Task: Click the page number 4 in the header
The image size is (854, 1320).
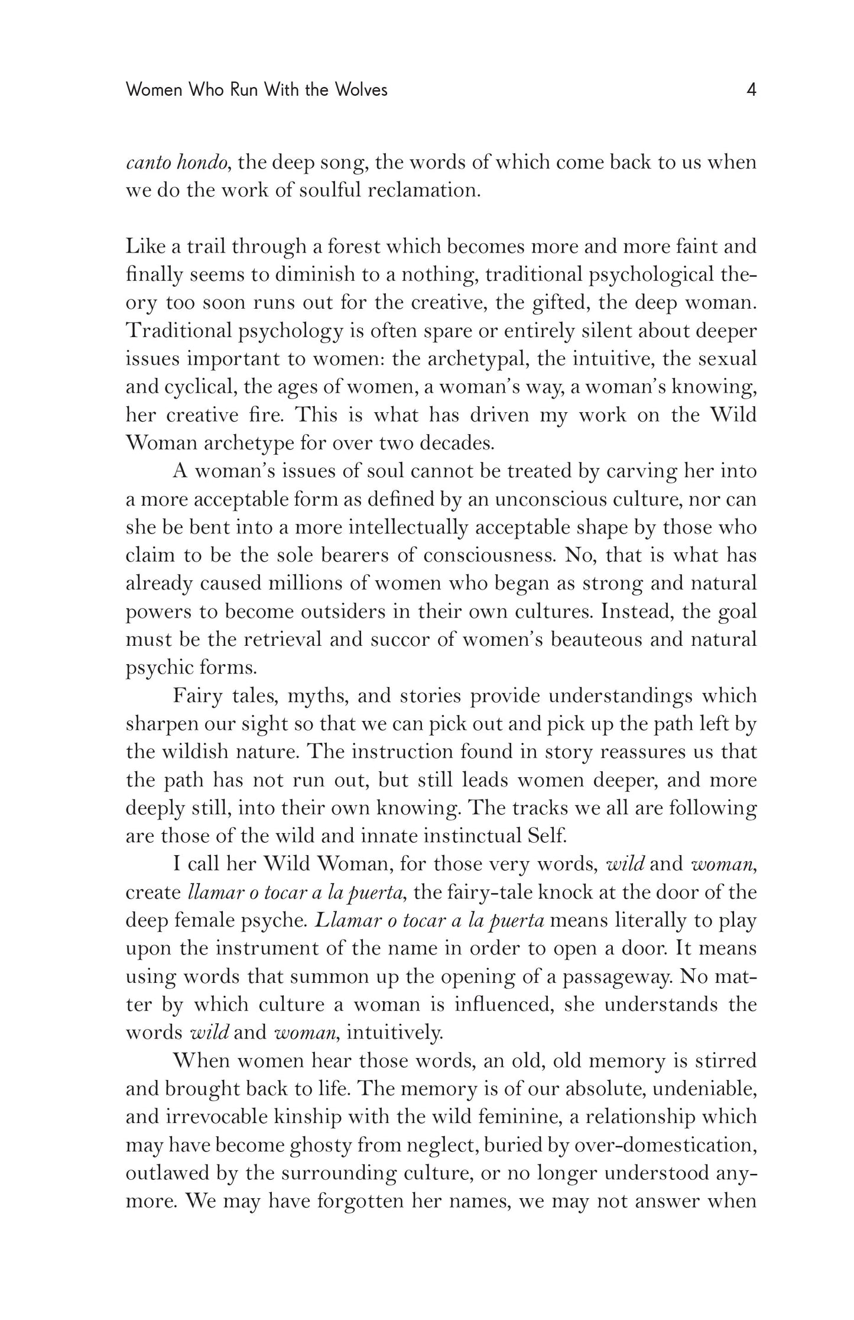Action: (751, 90)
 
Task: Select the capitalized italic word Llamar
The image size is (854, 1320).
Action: (346, 920)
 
